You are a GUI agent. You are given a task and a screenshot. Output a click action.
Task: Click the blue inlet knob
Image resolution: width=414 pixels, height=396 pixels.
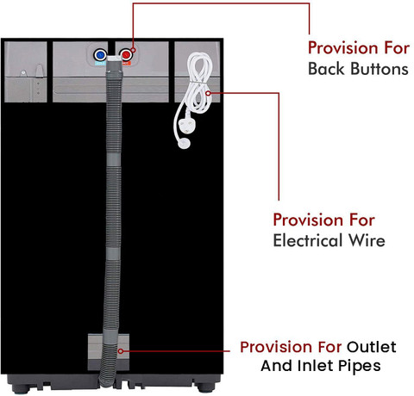point(100,54)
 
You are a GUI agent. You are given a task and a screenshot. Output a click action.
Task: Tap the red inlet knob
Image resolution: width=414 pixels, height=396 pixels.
point(126,54)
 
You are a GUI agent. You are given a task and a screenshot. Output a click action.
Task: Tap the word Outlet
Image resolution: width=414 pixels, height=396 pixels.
point(371,347)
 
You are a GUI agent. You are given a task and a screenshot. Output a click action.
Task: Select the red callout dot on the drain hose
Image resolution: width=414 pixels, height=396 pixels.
point(121,351)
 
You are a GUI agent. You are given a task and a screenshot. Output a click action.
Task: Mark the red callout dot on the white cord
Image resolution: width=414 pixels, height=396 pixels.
point(208,93)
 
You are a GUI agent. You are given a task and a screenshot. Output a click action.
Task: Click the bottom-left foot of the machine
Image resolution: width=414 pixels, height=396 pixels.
point(22,388)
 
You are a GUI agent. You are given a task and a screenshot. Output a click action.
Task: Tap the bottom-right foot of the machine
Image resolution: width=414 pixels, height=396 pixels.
point(206,388)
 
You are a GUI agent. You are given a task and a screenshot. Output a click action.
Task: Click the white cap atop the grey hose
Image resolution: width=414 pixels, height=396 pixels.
point(115,59)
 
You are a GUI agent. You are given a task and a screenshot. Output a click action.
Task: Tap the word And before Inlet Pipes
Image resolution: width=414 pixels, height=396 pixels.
point(277,366)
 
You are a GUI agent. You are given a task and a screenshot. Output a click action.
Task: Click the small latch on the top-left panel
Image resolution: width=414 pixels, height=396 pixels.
point(40,71)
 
